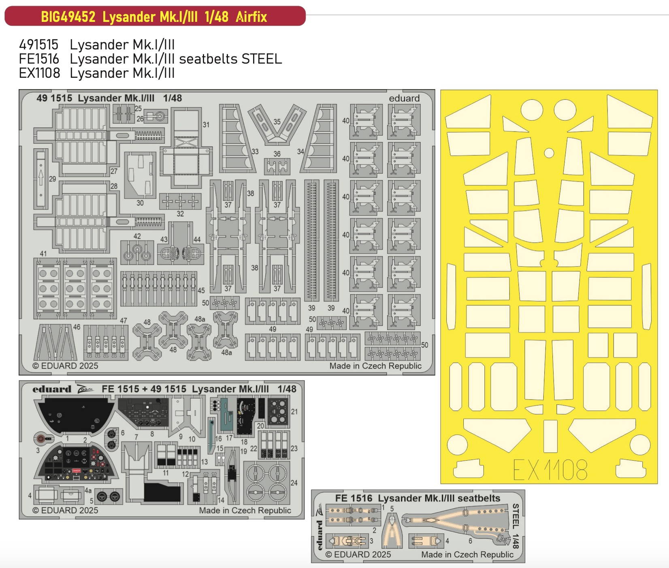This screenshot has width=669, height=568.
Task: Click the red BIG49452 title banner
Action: point(155,16)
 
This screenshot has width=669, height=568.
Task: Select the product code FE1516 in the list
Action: point(39,59)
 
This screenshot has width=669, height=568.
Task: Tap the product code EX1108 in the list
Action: point(40,73)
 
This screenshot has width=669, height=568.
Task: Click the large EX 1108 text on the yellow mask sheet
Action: point(550,470)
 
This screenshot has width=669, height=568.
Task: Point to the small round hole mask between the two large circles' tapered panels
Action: point(549,153)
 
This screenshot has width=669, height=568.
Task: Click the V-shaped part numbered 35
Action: point(278,123)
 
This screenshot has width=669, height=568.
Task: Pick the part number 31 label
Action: point(206,125)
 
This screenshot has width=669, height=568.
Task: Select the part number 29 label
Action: point(53,179)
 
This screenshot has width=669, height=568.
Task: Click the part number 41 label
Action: point(43,254)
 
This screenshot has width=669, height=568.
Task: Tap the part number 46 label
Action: point(77,327)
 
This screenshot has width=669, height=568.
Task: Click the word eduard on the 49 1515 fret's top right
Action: point(404,98)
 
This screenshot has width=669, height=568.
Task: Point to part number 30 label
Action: point(140,203)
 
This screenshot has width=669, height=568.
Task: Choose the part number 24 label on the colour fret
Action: point(294,483)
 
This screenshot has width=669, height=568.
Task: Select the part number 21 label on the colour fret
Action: point(294,412)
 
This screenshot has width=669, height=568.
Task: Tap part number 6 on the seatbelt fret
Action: point(470,541)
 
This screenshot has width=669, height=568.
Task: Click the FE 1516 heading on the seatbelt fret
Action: point(354,498)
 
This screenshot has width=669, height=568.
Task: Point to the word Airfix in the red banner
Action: point(251,17)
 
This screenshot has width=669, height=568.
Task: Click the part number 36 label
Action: point(277,154)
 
